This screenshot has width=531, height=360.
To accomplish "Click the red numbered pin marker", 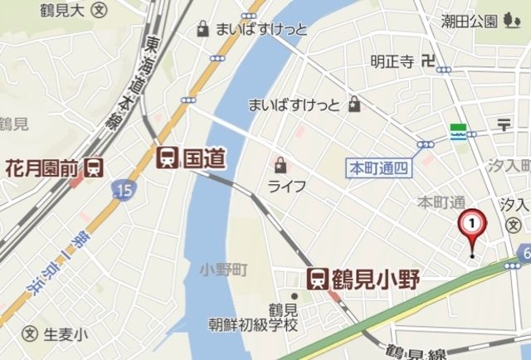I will (472, 225).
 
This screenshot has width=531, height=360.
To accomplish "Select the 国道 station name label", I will (204, 157).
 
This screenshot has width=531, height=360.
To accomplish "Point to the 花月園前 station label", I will (42, 168).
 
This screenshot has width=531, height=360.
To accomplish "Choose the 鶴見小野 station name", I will (374, 279).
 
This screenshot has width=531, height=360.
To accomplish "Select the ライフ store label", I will (287, 185).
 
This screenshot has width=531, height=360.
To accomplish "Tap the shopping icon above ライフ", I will (281, 163).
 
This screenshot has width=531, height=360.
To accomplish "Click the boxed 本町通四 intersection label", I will (378, 167).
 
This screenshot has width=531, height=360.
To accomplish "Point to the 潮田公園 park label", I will (470, 21).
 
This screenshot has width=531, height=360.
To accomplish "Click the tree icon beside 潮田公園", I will (509, 21).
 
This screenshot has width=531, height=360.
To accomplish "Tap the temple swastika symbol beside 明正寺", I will (427, 60).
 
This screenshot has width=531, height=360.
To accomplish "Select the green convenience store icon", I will (456, 133).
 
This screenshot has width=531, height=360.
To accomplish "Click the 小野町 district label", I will (224, 270).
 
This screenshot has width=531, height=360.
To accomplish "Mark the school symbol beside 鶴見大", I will (100, 11).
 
